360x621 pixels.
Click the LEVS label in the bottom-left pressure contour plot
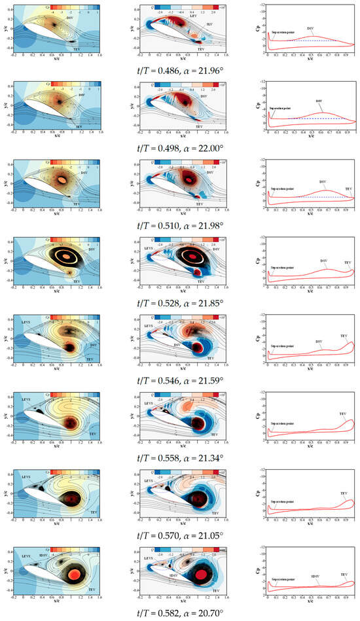(x=26, y=556)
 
